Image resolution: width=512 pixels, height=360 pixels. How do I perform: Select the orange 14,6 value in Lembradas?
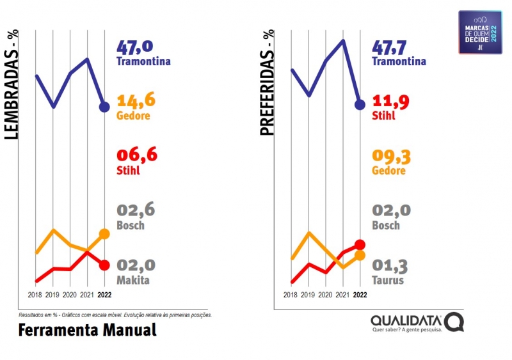(x=136, y=102)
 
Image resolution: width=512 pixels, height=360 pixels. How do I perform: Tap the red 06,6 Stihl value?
(x=136, y=156)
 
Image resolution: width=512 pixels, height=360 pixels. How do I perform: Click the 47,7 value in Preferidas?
(x=392, y=48)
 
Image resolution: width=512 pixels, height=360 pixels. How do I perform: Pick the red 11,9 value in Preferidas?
(x=391, y=102)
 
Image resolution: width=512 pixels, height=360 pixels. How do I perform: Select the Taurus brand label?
(x=388, y=280)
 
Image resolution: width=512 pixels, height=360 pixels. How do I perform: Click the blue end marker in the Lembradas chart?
(x=104, y=107)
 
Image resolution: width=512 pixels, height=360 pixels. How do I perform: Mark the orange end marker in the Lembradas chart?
(x=104, y=234)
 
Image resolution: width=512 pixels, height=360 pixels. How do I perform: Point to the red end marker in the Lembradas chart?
(x=104, y=265)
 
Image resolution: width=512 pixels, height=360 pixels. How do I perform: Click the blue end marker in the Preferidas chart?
(x=360, y=105)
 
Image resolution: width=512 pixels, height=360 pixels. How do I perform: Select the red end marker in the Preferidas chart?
(x=360, y=244)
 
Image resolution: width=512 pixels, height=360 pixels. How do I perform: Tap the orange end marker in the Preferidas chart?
(x=360, y=255)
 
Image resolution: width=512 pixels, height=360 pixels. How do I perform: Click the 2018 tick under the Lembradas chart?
(x=35, y=295)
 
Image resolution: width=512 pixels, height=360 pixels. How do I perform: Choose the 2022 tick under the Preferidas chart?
(x=360, y=295)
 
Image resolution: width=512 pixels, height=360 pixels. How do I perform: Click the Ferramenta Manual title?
(x=87, y=330)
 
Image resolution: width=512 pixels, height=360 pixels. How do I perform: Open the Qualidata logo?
(x=417, y=322)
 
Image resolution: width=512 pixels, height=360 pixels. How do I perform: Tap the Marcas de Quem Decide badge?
(x=480, y=31)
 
